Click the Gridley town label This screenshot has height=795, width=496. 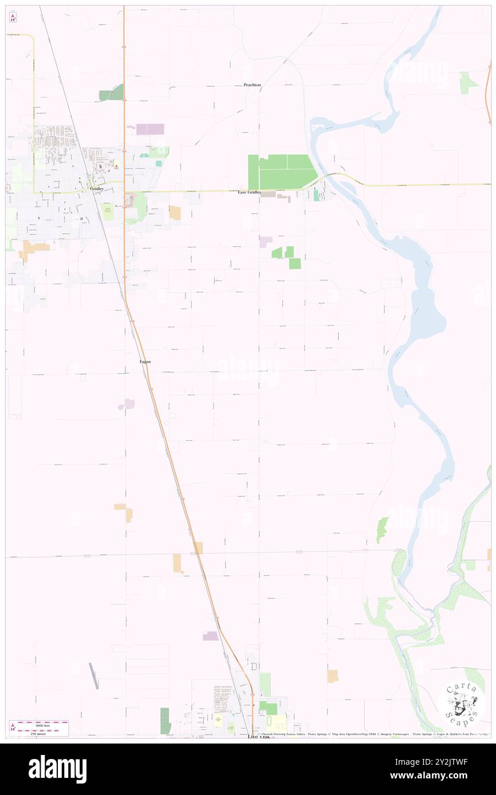click(96, 188)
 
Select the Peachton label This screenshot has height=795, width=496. click(252, 85)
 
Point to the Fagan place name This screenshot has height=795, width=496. click(145, 361)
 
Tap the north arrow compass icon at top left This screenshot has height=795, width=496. click(13, 18)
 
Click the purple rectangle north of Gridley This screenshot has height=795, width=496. click(150, 129)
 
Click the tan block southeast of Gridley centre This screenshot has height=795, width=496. click(175, 213)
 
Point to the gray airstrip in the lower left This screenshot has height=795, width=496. click(94, 675)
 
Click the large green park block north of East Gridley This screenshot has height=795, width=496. click(281, 170)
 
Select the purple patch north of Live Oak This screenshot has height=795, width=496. click(210, 636)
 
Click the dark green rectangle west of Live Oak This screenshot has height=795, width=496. click(165, 721)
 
